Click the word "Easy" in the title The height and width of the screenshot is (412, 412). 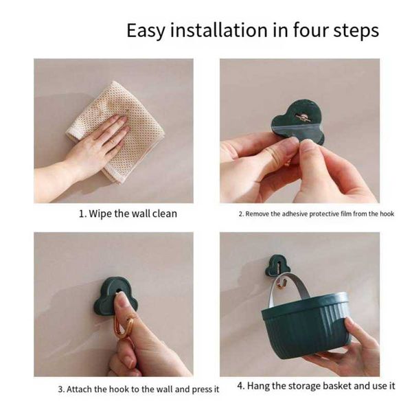tap(146, 31)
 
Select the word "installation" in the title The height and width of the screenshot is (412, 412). tap(219, 30)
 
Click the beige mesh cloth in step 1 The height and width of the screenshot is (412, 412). tap(115, 131)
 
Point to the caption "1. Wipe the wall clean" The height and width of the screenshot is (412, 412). tap(128, 214)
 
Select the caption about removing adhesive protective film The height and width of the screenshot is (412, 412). tap(317, 214)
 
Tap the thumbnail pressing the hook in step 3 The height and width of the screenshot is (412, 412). tap(122, 300)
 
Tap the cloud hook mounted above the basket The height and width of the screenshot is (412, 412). tap(277, 265)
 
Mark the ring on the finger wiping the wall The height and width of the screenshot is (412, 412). tap(112, 141)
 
